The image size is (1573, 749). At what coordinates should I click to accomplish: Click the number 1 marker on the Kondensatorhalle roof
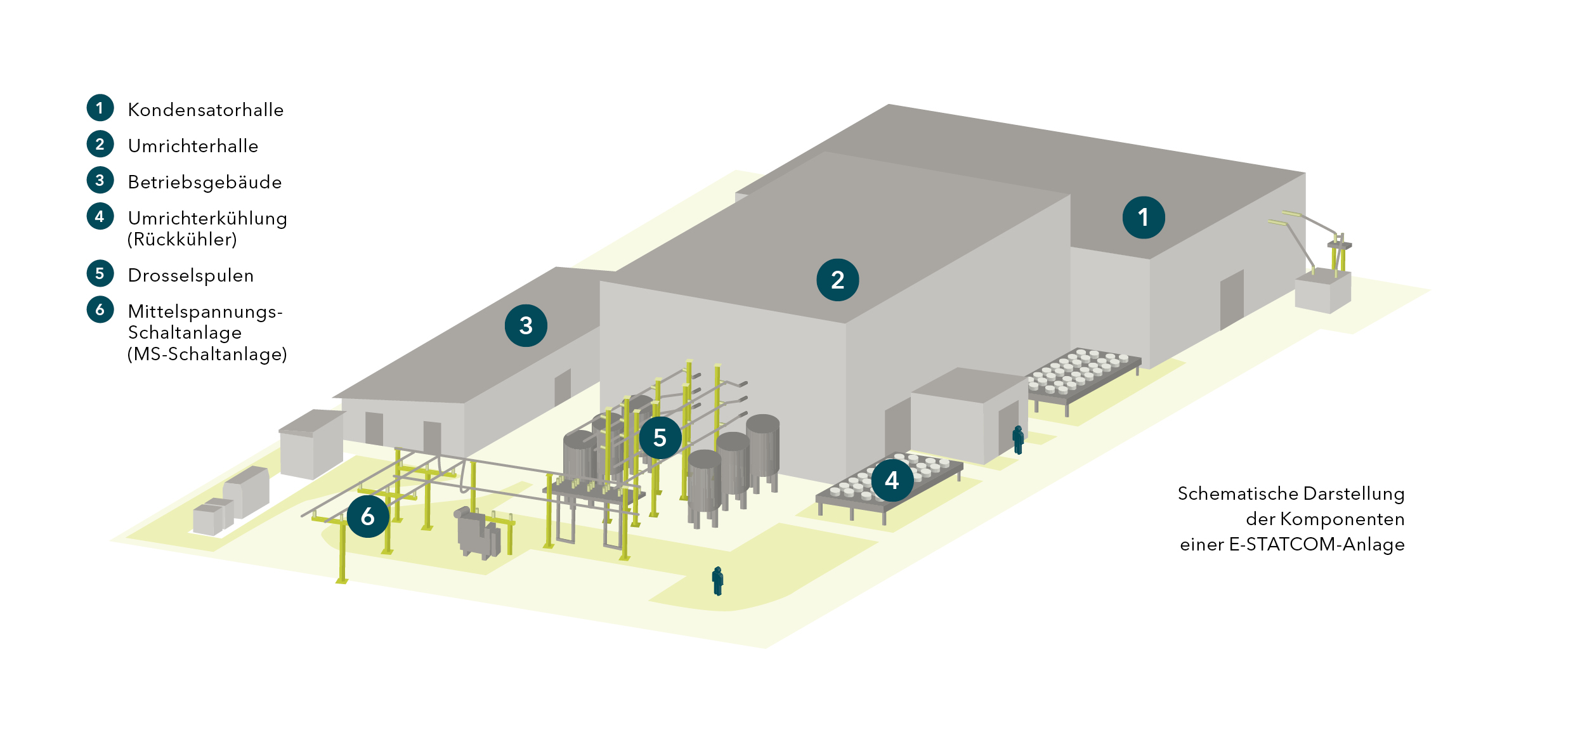pos(1143,218)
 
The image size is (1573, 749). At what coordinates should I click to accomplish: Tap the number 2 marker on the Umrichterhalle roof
pos(837,280)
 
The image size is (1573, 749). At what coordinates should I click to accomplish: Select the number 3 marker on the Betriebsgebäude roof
pos(526,325)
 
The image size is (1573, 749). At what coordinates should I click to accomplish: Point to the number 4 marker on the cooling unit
pos(892,480)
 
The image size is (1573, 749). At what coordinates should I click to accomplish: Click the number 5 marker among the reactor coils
pos(660,438)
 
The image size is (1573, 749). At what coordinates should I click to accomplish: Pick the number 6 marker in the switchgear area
pos(368,516)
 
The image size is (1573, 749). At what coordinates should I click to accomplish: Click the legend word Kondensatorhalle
pos(206,110)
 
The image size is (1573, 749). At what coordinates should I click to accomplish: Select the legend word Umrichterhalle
pos(193,146)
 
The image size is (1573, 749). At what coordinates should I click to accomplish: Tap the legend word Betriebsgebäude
pos(205,182)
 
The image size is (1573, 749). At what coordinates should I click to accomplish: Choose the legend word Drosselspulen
pos(191,275)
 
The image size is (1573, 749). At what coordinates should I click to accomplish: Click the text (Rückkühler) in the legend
pos(182,240)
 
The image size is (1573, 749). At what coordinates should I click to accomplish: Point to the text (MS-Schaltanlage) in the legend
pos(207,354)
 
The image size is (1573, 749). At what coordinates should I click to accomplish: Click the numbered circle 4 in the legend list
pos(100,216)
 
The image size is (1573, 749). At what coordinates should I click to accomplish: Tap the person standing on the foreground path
pos(717,581)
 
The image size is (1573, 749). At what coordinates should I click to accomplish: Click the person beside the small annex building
pos(1018,440)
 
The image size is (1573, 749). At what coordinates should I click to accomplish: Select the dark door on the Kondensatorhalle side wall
pos(1231,299)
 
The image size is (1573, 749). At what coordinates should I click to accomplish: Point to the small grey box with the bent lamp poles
pos(1322,292)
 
